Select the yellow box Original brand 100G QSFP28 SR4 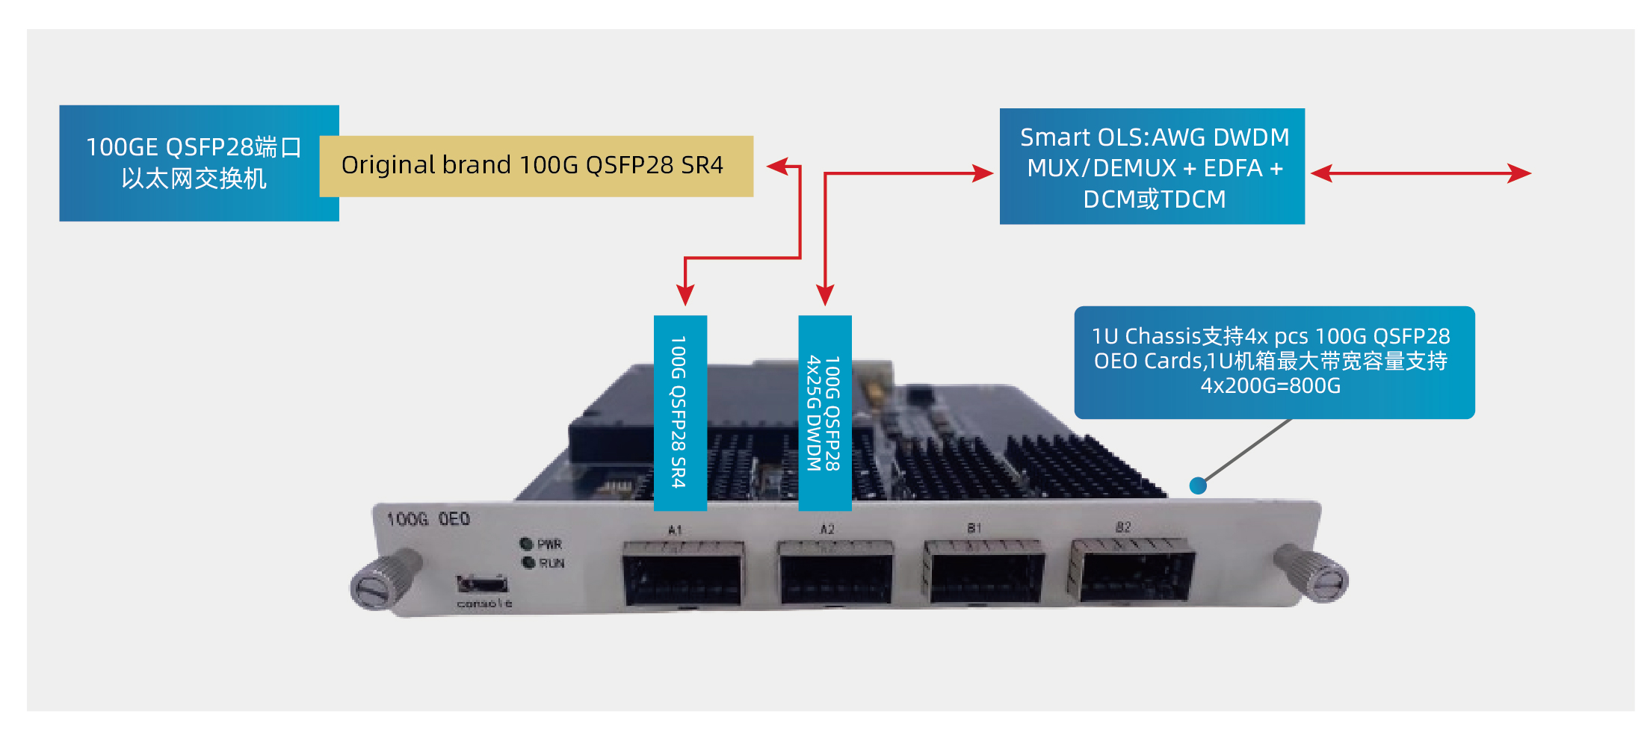coord(535,166)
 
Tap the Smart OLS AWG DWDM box coord(1152,167)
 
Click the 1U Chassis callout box coord(1273,362)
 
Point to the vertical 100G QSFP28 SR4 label coord(679,412)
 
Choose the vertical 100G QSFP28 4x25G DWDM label coord(824,412)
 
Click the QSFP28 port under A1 coord(683,574)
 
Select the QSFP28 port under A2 coord(835,573)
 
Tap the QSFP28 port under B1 coord(983,571)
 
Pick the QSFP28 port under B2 coord(1132,571)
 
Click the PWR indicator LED coord(526,544)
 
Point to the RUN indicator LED coord(528,562)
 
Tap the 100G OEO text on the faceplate coord(428,519)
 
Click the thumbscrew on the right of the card coord(1314,575)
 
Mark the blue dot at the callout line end coord(1198,486)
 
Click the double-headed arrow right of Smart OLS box coord(1421,173)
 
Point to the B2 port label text coord(1122,527)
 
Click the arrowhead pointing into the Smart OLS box coord(983,173)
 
